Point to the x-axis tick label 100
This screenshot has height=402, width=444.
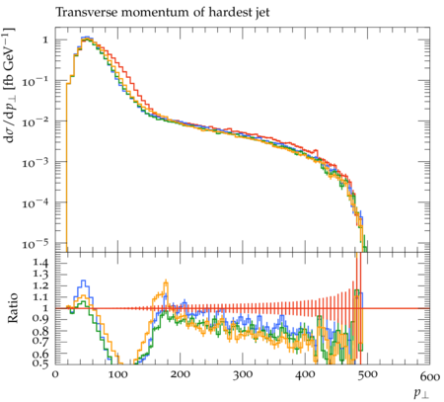tap(118, 374)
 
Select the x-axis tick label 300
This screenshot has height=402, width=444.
tap(243, 374)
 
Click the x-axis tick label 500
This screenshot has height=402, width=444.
tap(367, 374)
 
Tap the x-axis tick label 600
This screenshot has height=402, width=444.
tap(430, 376)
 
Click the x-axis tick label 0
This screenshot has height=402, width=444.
tap(55, 374)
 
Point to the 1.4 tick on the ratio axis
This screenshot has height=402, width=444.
tap(40, 263)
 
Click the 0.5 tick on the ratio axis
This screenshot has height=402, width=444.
tap(40, 363)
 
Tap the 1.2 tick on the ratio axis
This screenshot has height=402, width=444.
tap(40, 285)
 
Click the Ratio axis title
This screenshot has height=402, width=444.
tap(13, 308)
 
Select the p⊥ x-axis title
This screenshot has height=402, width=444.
tap(422, 393)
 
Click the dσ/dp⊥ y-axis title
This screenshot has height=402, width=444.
tap(9, 85)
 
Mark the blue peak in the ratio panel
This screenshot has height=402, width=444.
tap(83, 281)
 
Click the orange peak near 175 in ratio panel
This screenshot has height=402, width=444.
tap(166, 281)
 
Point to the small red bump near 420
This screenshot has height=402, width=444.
tap(317, 151)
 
